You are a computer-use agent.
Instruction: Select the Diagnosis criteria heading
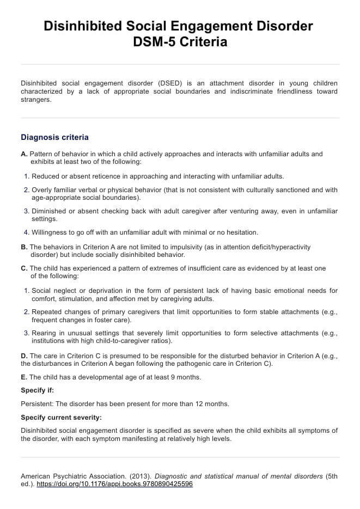click(54, 137)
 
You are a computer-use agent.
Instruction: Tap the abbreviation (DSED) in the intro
click(171, 83)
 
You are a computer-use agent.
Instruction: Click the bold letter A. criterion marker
click(24, 154)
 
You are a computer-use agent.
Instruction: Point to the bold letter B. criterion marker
click(24, 247)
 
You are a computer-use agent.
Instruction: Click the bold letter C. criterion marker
click(24, 268)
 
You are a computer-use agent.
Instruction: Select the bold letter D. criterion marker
click(24, 356)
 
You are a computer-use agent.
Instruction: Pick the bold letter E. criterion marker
click(24, 377)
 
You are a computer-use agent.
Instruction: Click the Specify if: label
click(37, 390)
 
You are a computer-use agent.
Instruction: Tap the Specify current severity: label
click(62, 418)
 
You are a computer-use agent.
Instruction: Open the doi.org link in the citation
click(114, 484)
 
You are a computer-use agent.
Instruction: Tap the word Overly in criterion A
click(42, 190)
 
